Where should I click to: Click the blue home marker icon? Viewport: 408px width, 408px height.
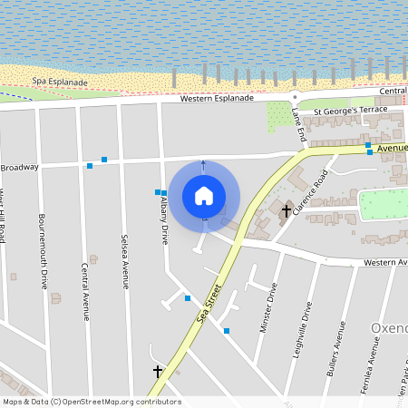pyautogui.click(x=204, y=195)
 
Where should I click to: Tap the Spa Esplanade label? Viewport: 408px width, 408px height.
pyautogui.click(x=60, y=83)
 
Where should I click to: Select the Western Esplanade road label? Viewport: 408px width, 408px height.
pyautogui.click(x=217, y=98)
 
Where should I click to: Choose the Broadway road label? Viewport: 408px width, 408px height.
pyautogui.click(x=20, y=168)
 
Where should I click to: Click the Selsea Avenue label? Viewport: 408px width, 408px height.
pyautogui.click(x=125, y=262)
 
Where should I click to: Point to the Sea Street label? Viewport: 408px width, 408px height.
pyautogui.click(x=209, y=306)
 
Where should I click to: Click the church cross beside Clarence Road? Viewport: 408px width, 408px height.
pyautogui.click(x=287, y=211)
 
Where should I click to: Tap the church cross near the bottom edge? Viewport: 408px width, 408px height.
pyautogui.click(x=158, y=371)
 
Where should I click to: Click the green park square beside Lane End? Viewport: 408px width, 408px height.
pyautogui.click(x=279, y=115)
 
